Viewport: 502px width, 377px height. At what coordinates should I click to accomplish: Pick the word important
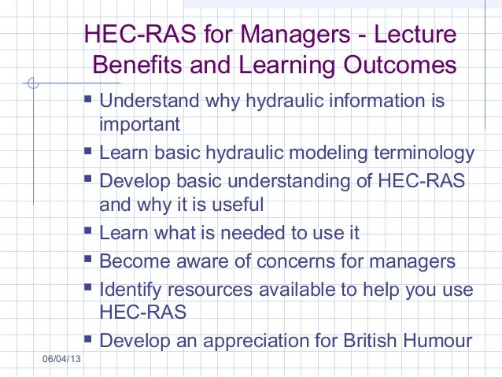(x=139, y=124)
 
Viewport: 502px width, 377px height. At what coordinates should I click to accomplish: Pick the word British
(x=370, y=342)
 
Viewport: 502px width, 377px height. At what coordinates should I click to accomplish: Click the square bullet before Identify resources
(x=88, y=288)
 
